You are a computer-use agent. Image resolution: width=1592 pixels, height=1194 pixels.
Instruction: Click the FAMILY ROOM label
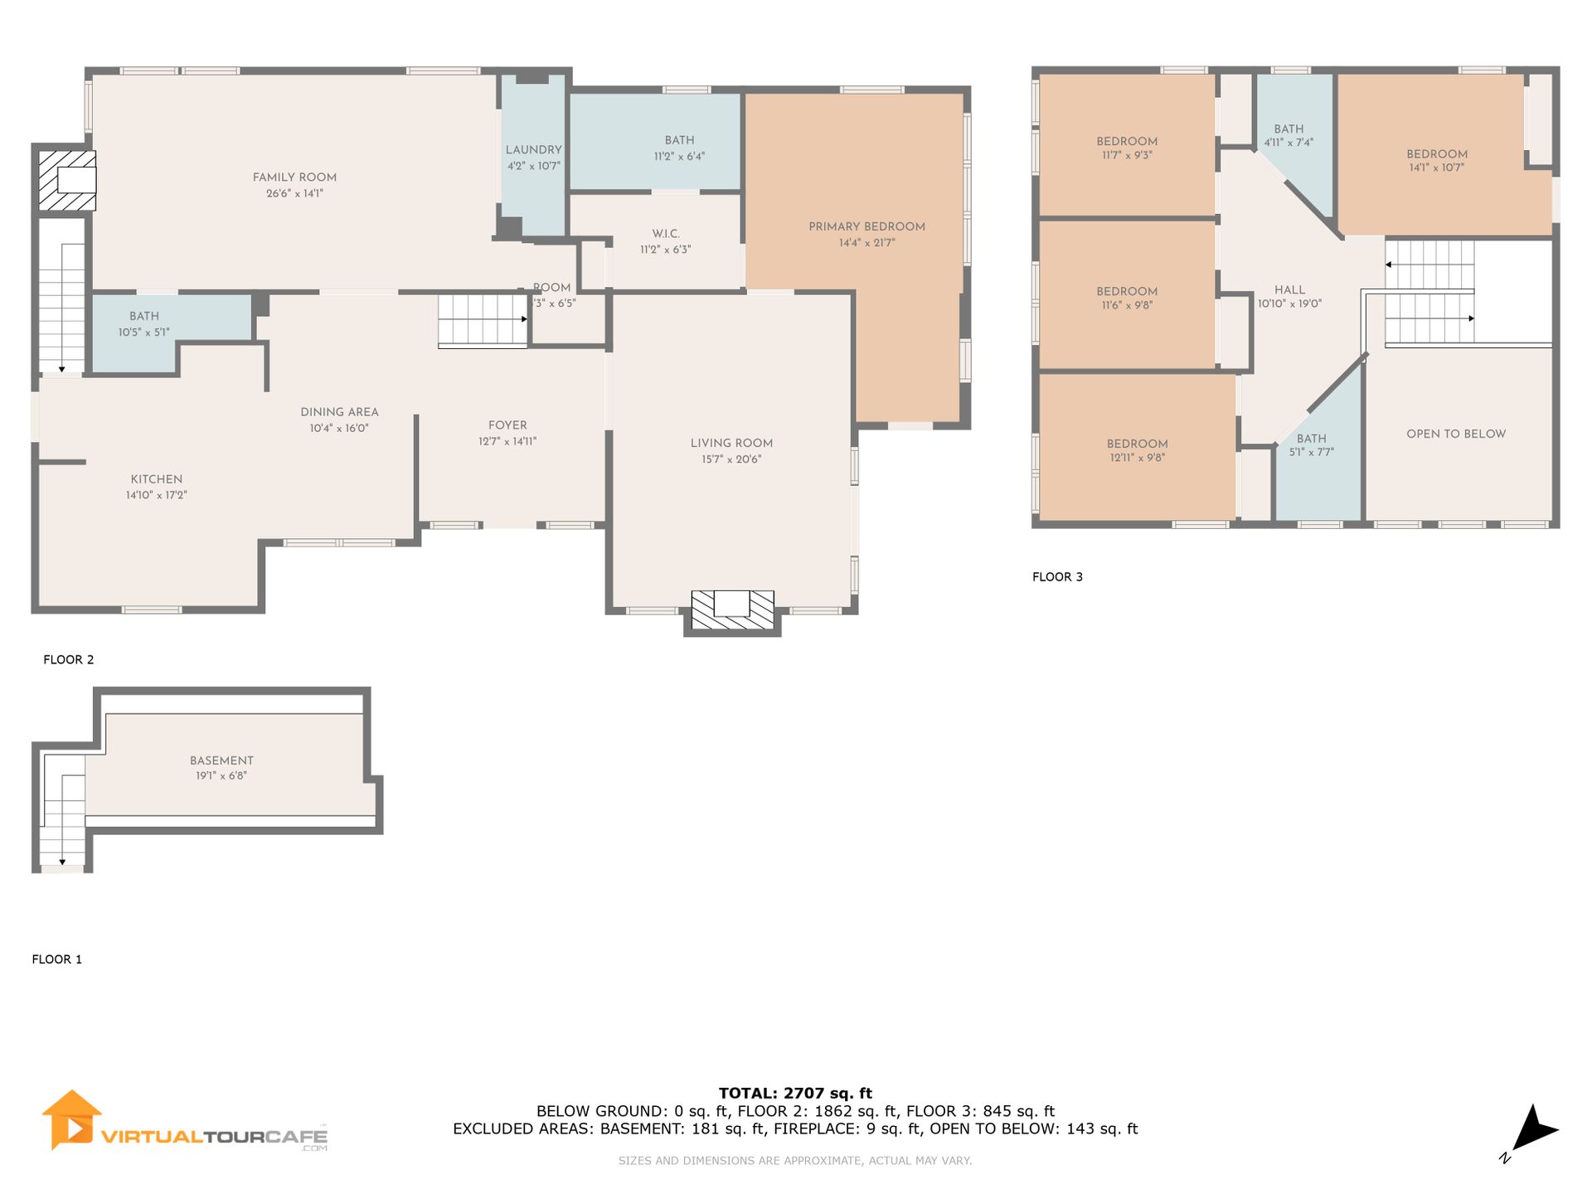click(294, 177)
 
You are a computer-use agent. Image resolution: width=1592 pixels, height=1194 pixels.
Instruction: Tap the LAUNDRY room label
click(534, 150)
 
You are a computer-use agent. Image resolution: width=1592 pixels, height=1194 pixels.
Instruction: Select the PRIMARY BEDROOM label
click(866, 226)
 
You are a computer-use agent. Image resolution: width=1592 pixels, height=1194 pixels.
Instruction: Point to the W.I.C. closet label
click(666, 234)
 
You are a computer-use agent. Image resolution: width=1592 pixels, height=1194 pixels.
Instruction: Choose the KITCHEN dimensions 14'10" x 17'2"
click(157, 495)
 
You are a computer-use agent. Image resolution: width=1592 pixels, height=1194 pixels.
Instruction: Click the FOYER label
click(507, 425)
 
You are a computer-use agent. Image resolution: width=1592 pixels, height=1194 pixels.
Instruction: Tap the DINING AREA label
click(339, 412)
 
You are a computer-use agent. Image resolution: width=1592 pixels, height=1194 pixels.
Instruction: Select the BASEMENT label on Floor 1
click(221, 760)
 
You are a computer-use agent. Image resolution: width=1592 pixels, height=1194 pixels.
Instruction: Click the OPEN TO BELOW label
click(1456, 434)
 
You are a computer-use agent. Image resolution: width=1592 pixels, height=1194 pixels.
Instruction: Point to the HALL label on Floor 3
click(1289, 290)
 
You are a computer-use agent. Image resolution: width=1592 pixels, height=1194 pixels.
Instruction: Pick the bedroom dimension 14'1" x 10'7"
click(1437, 167)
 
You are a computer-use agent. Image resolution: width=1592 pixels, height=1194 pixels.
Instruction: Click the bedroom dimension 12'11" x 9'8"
click(1138, 458)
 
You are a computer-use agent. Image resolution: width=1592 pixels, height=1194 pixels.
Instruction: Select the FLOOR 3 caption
click(1057, 577)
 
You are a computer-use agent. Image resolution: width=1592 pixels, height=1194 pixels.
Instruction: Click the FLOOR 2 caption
click(69, 660)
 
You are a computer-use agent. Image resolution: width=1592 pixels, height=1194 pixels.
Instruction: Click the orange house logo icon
click(72, 1119)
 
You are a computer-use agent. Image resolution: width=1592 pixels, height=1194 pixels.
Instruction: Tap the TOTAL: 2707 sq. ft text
click(795, 1094)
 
